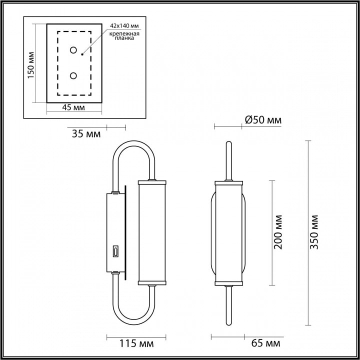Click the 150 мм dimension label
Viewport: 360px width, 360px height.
click(31, 65)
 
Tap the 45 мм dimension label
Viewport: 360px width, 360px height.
click(73, 107)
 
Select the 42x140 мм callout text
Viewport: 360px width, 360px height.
click(124, 25)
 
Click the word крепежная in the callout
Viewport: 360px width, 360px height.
click(124, 34)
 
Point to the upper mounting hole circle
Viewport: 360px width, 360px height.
click(73, 50)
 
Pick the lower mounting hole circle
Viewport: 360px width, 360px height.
click(73, 75)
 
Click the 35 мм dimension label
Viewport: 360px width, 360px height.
click(86, 134)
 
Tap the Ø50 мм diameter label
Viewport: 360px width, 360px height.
click(263, 120)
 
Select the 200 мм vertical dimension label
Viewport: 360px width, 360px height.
click(278, 232)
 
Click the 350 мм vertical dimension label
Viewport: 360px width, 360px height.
click(314, 232)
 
